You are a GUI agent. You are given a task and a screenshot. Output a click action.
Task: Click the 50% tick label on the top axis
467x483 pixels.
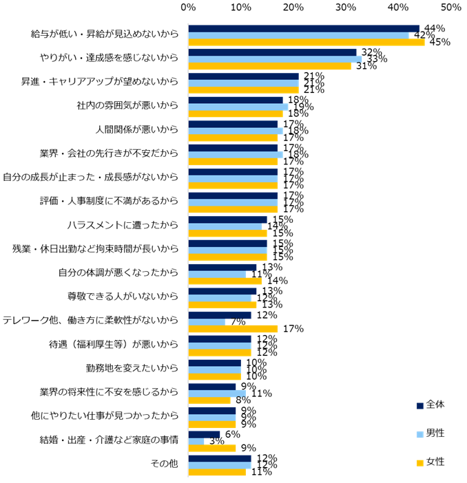450,7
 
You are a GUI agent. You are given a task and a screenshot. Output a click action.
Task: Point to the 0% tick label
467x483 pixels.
188,7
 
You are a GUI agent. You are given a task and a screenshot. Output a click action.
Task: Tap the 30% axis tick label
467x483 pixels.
345,7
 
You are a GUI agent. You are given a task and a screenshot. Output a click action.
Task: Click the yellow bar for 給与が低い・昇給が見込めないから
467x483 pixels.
307,42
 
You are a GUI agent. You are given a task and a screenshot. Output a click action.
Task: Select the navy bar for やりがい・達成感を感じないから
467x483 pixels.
272,52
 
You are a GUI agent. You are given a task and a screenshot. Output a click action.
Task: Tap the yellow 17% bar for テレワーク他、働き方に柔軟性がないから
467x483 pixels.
233,328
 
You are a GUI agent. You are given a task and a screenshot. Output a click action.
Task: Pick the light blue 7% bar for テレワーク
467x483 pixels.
207,321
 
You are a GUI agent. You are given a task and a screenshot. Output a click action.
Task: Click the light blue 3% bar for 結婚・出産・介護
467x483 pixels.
196,441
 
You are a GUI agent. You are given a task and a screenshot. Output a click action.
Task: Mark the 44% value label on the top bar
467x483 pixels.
433,29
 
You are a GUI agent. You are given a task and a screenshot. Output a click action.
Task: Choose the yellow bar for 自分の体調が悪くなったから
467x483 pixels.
225,281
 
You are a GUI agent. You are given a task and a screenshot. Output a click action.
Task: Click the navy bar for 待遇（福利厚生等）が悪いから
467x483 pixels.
220,339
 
